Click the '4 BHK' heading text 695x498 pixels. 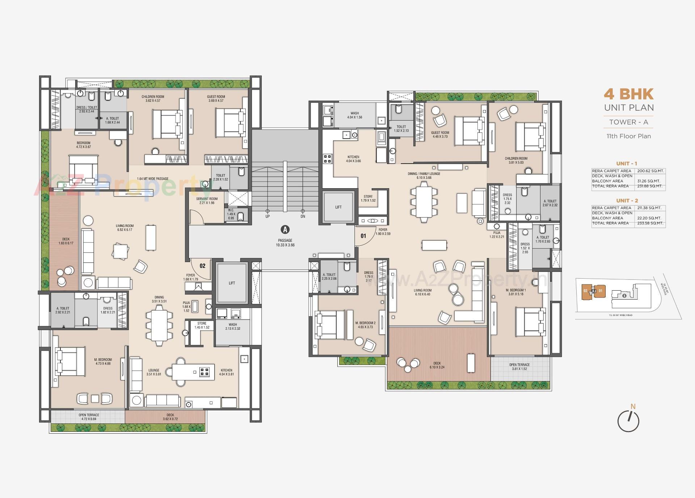[628, 94]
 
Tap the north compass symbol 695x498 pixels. [628, 421]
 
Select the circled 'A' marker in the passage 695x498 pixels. [285, 229]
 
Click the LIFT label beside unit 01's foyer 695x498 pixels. [338, 207]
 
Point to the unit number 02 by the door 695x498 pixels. [202, 266]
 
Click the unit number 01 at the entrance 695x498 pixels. [363, 236]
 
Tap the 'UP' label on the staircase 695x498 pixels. [268, 216]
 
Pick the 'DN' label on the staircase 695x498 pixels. [303, 216]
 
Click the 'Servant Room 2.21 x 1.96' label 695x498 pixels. [207, 201]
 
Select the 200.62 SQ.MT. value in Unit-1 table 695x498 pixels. [649, 171]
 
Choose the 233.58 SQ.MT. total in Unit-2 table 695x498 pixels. [649, 223]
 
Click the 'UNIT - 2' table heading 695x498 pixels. [627, 201]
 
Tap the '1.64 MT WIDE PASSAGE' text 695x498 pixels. [152, 178]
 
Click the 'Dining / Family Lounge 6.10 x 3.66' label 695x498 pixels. [424, 176]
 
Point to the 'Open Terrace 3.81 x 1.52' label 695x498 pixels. [519, 367]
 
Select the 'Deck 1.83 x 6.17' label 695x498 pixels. [66, 241]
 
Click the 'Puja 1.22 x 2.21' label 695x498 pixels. [497, 235]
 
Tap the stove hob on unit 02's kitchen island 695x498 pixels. [205, 372]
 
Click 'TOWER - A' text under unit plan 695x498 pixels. [628, 122]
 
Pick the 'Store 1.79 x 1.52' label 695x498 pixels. [368, 198]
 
